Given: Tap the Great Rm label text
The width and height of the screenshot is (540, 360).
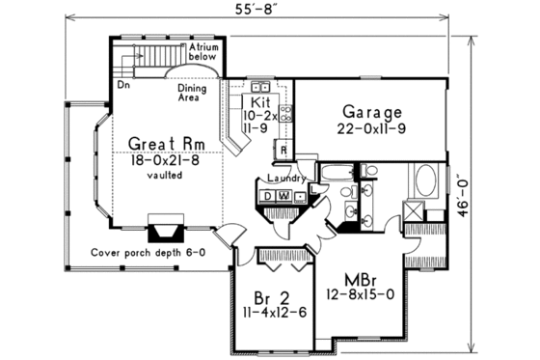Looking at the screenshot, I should coord(165,144).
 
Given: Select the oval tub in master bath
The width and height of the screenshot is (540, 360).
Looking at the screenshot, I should coord(424,181).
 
